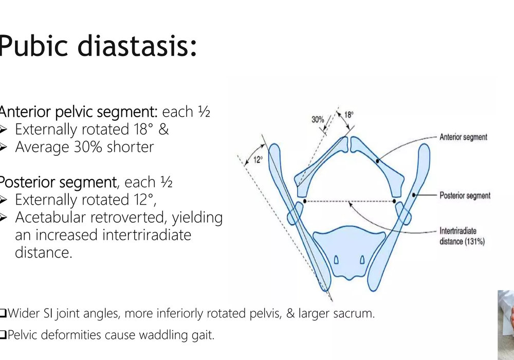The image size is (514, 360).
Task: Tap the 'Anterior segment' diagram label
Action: click(x=463, y=137)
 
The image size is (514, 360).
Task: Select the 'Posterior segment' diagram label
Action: click(x=465, y=195)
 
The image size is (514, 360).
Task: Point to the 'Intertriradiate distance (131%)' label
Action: click(x=462, y=236)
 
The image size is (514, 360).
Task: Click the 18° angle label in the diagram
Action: click(x=349, y=115)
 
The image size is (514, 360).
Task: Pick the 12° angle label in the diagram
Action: click(x=258, y=159)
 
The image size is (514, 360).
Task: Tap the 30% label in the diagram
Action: click(x=318, y=119)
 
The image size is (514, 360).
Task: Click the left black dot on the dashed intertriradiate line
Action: click(x=305, y=201)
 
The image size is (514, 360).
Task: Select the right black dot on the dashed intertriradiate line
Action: click(x=394, y=201)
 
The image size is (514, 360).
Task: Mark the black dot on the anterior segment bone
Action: click(x=377, y=161)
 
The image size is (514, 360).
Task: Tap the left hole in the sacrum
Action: click(x=336, y=260)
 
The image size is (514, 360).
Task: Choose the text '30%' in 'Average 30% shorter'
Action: click(x=88, y=147)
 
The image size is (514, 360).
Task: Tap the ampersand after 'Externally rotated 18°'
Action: click(x=163, y=129)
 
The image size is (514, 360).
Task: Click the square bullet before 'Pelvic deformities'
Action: click(x=3, y=335)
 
